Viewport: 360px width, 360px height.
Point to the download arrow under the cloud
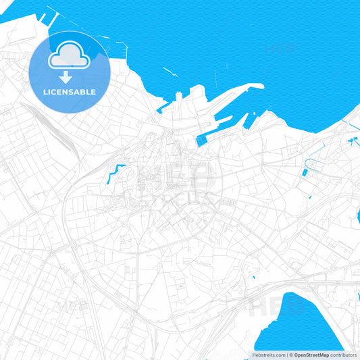[x=66, y=76]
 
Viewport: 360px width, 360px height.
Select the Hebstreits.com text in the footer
[x=269, y=355]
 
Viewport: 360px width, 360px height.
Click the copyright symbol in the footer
[x=290, y=355]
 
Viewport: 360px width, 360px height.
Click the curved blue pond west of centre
[x=114, y=172]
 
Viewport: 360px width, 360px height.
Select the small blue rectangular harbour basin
[x=201, y=141]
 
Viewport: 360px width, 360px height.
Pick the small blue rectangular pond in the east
[x=304, y=173]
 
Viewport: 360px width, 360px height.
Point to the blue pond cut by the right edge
[x=357, y=215]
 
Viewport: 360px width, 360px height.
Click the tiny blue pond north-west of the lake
[x=253, y=277]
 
